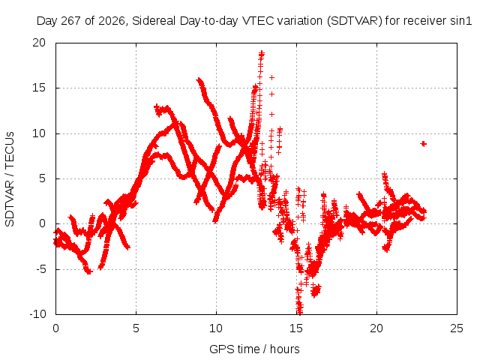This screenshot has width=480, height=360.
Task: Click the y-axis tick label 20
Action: [39, 43]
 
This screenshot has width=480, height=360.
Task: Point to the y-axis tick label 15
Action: [39, 88]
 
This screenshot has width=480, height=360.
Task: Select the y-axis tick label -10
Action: [37, 314]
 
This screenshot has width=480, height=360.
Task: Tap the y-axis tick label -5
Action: [40, 269]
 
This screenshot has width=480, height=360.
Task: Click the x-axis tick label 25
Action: [457, 328]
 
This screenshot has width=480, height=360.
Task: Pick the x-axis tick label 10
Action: [216, 328]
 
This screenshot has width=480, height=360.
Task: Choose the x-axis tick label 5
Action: [136, 328]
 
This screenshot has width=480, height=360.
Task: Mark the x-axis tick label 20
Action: [376, 328]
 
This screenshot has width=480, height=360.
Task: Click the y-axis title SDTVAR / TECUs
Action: [10, 179]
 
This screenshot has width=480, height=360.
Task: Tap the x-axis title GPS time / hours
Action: [254, 349]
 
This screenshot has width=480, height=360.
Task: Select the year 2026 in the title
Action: [112, 21]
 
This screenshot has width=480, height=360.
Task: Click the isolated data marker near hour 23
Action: [423, 143]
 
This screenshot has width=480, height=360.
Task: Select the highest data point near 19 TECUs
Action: [262, 54]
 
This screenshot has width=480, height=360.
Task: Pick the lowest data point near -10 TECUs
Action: [300, 312]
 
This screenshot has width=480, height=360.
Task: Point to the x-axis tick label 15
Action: [296, 328]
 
